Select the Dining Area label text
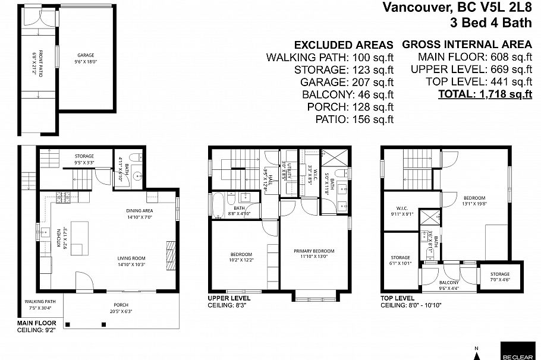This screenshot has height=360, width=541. point(140,211)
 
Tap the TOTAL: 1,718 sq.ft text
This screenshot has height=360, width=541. point(485,94)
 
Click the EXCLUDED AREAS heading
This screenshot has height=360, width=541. point(344,45)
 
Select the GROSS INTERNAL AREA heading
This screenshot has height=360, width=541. point(467,45)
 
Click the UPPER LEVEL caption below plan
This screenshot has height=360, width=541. point(228,298)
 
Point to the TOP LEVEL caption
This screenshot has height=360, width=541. point(397,298)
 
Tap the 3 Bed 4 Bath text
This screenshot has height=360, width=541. point(491,23)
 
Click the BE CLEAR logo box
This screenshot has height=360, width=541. point(517,350)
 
